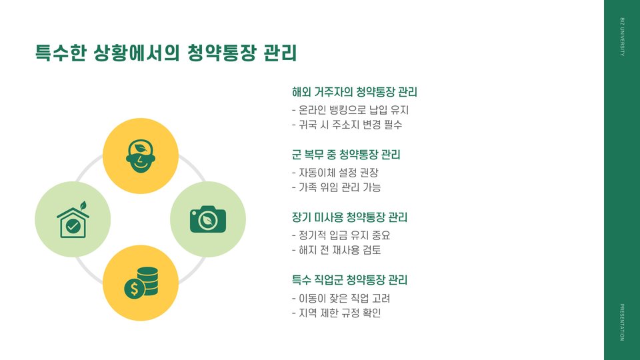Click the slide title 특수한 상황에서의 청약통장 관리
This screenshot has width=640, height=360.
[x=166, y=53]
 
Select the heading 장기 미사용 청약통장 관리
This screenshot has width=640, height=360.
[x=349, y=218]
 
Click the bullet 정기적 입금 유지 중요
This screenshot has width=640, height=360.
[x=340, y=235]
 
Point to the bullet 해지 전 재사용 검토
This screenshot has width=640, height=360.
[x=336, y=251]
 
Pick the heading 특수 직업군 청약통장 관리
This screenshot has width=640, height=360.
[x=349, y=280]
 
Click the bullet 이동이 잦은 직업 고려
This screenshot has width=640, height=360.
[x=341, y=298]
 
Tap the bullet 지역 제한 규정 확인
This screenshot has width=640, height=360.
[x=336, y=313]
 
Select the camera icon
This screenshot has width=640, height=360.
[x=208, y=219]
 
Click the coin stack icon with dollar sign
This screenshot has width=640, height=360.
[x=141, y=283]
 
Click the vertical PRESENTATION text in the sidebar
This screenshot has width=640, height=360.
[x=622, y=322]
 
